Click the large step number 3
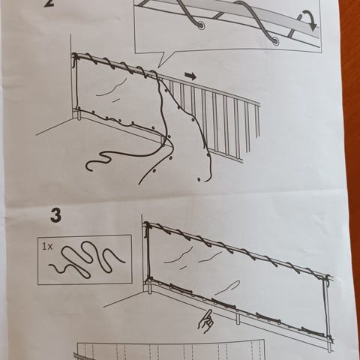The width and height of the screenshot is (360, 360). click(x=55, y=216)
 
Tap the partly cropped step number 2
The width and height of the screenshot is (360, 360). click(x=50, y=3)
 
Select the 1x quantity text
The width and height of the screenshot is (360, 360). click(x=47, y=247)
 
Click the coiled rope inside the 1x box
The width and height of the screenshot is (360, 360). click(x=87, y=259)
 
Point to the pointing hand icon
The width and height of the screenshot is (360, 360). click(x=205, y=322)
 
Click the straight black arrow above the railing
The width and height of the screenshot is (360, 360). click(x=190, y=76)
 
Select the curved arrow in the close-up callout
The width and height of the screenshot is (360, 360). click(x=308, y=22)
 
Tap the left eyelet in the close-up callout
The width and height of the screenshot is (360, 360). click(x=201, y=25)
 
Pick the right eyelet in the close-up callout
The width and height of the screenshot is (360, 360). click(x=275, y=41)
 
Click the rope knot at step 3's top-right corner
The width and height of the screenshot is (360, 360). click(x=326, y=278)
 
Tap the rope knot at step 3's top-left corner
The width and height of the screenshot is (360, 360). click(x=147, y=226)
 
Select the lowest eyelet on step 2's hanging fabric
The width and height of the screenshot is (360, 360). click(x=199, y=179)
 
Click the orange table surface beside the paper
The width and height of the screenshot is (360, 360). click(x=353, y=175)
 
